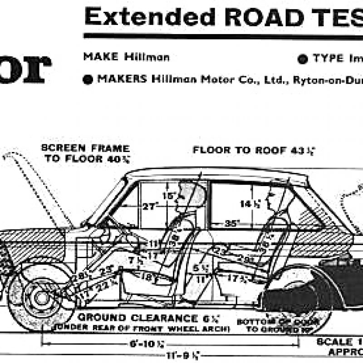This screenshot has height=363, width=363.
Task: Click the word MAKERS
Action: (121, 78)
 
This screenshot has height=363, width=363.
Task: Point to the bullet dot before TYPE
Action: (302, 59)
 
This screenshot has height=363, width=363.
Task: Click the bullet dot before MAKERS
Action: (88, 79)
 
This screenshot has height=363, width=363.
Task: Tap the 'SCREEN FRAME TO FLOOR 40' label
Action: (85, 153)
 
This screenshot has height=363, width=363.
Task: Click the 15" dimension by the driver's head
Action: (168, 196)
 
